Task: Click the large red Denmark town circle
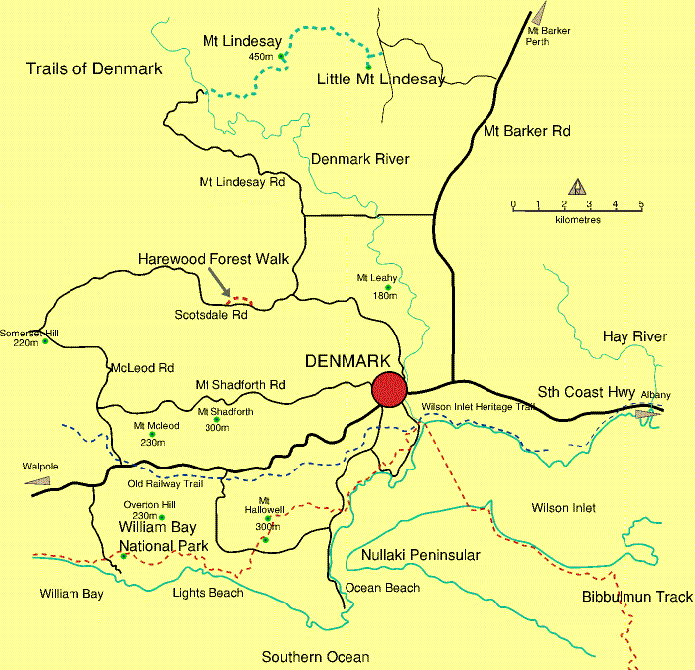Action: coord(389,389)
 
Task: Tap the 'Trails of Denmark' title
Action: coord(93,68)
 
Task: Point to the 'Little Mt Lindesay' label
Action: coord(380,79)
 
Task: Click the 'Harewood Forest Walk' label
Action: coord(213,259)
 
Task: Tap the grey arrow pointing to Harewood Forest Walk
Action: coord(217,285)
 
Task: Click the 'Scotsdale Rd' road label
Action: coord(211,315)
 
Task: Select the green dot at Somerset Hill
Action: coord(45,341)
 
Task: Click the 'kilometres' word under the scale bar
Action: coord(578,219)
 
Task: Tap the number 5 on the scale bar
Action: coord(641,205)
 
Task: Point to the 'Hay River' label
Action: coord(634,337)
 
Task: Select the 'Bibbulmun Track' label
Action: coord(637,597)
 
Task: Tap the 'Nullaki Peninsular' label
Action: coord(421,555)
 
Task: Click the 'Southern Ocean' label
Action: coord(316,657)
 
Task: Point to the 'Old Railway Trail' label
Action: coord(166,484)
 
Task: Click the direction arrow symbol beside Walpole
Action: coord(37,480)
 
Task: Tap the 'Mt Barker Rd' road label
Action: coord(527,131)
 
